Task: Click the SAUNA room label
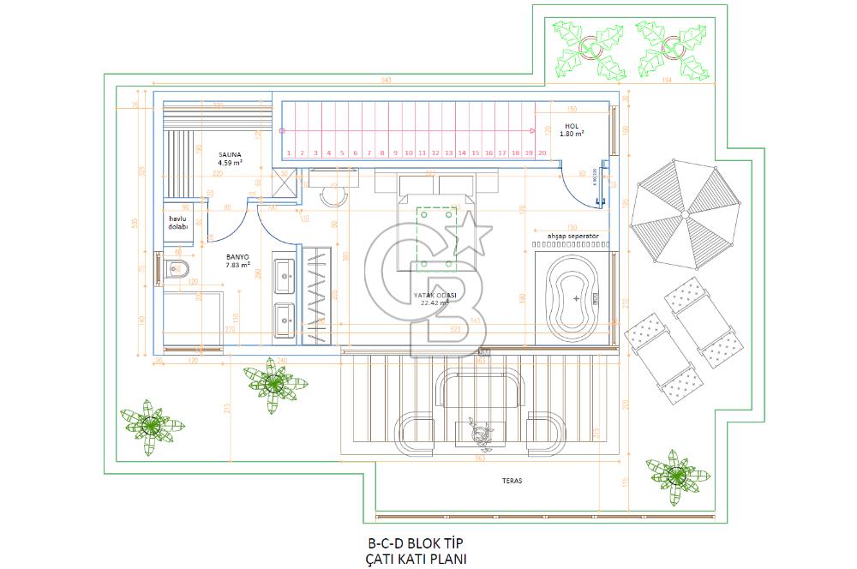point(230,156)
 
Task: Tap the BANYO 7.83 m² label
point(237,260)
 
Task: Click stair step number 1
point(291,153)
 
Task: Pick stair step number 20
point(542,153)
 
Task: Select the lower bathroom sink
point(285,319)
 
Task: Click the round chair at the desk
point(333,195)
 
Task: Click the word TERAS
point(512,482)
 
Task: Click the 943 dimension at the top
point(386,81)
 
